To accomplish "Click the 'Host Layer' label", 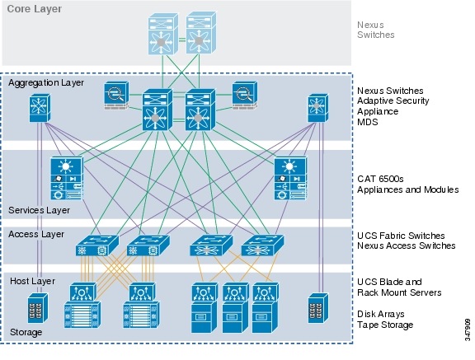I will pos(31,281).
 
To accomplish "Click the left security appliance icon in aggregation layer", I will pos(116,96).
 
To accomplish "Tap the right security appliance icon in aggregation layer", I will pos(245,96).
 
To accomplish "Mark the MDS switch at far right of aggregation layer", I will pos(317,108).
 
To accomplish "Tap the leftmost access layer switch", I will pos(93,245).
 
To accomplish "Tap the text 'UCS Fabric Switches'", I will pos(403,236).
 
